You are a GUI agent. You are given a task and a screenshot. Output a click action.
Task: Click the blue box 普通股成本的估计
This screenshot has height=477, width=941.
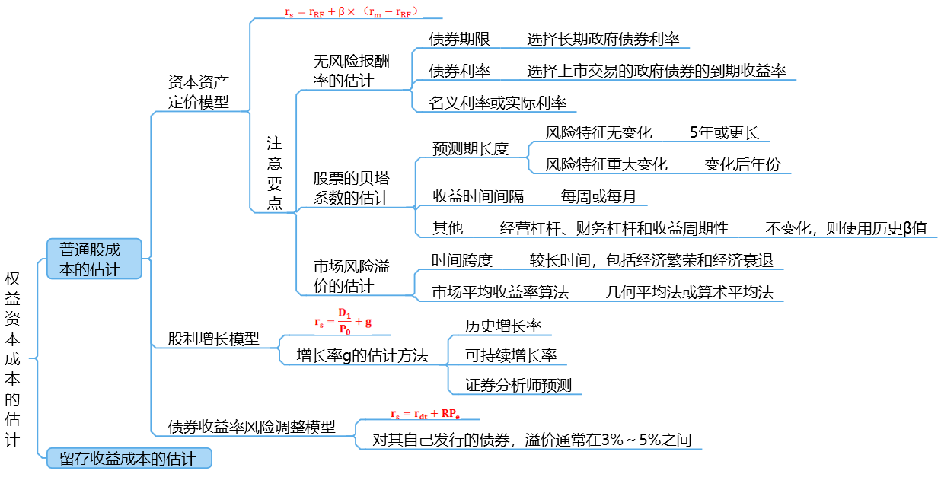point(94,259)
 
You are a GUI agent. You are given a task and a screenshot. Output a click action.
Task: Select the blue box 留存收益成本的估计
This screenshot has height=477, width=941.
point(129,458)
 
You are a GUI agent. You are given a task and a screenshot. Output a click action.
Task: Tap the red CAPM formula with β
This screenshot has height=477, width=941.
point(351,11)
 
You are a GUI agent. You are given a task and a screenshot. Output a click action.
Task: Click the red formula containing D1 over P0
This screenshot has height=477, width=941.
point(343,322)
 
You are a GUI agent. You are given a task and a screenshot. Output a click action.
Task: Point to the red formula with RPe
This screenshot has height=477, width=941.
point(425,414)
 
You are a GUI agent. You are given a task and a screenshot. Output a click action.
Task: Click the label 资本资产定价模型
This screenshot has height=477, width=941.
point(198,92)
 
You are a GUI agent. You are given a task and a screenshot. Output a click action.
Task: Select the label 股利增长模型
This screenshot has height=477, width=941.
point(213,339)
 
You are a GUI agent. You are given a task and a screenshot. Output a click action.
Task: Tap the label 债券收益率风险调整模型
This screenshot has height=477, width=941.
point(252,427)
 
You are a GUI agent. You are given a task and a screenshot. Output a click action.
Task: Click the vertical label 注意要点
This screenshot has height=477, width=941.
point(274,173)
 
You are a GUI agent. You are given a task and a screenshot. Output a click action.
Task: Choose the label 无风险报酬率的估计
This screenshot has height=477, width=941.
point(351,71)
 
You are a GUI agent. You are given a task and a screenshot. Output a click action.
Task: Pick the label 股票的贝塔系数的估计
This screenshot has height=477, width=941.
point(351,188)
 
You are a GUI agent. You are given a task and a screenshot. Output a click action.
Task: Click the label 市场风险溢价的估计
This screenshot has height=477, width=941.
point(351,276)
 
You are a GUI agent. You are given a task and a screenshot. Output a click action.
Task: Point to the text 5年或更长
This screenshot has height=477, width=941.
point(724,132)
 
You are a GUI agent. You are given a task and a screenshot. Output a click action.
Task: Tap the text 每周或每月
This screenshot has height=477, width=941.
point(598,196)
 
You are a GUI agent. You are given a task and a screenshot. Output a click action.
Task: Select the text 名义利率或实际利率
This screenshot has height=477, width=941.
point(497,103)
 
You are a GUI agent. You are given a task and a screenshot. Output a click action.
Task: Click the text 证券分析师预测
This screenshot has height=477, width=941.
point(518,386)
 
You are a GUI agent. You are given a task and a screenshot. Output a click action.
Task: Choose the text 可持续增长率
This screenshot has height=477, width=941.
point(511,355)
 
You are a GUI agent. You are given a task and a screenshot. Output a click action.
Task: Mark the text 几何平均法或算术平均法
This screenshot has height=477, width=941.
point(689,292)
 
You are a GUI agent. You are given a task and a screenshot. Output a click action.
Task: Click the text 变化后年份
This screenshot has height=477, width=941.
point(742,164)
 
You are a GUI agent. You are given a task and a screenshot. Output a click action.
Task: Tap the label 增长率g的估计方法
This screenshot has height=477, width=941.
point(362,356)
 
